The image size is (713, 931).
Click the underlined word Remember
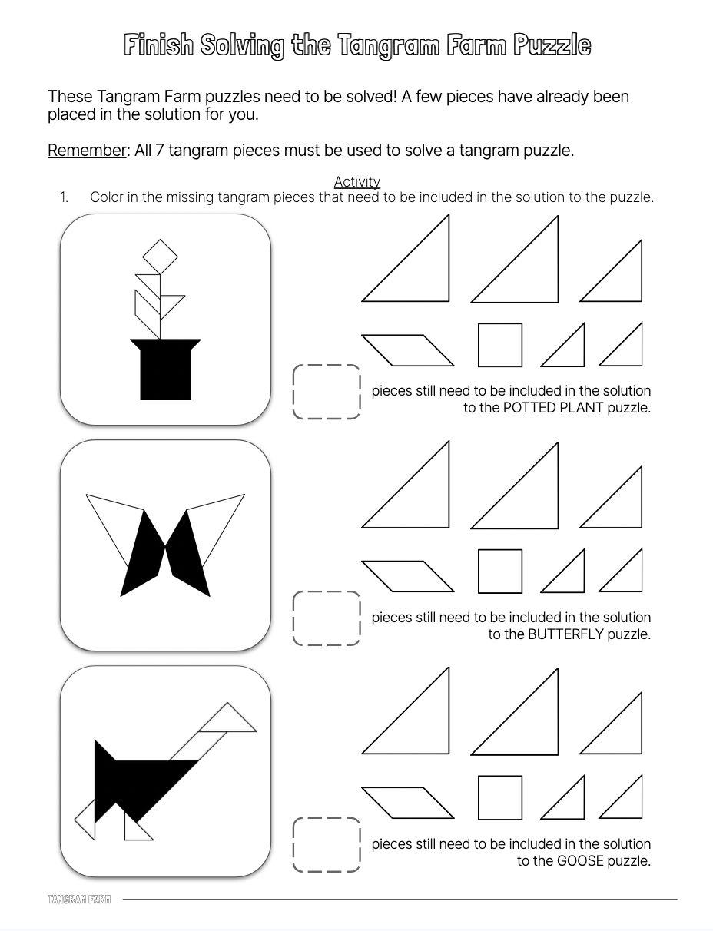[87, 150]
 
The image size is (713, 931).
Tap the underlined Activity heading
[357, 182]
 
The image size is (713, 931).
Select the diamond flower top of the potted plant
[160, 257]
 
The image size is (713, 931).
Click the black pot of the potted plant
[165, 370]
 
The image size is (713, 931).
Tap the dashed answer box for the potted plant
[327, 392]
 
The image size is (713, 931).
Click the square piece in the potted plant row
[500, 345]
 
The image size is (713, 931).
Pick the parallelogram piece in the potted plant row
[407, 350]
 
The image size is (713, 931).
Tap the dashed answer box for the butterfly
[327, 618]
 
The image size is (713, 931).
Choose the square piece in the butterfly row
[500, 572]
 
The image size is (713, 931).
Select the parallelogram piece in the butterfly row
[407, 576]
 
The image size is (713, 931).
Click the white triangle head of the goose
[228, 721]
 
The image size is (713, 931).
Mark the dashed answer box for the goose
[327, 845]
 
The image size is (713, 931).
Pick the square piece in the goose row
[500, 798]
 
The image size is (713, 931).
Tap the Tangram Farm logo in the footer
[79, 900]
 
